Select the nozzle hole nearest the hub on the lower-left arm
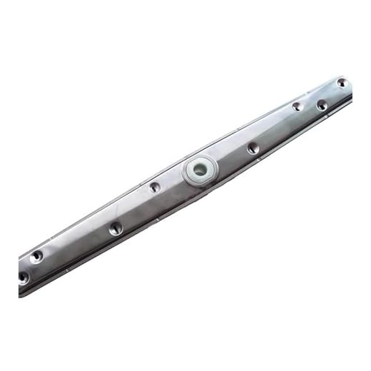155,187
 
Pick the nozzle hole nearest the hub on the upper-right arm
253,148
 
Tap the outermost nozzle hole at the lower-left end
23,275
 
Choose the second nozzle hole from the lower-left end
36,255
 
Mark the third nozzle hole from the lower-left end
115,228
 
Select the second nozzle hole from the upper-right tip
322,104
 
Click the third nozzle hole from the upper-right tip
297,106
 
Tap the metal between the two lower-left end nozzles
30,265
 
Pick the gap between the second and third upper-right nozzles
310,106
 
